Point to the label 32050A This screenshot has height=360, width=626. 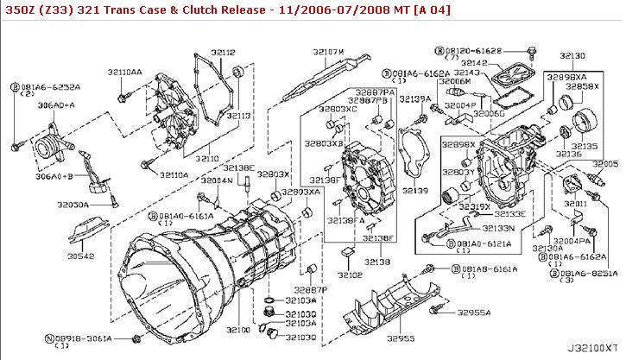(73, 205)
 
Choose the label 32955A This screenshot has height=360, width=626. (474, 313)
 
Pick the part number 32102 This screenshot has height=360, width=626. (350, 275)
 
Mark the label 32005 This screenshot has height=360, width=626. (604, 163)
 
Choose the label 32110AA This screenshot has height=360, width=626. (126, 73)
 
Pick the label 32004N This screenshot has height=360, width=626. (218, 181)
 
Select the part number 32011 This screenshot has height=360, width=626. (577, 204)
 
